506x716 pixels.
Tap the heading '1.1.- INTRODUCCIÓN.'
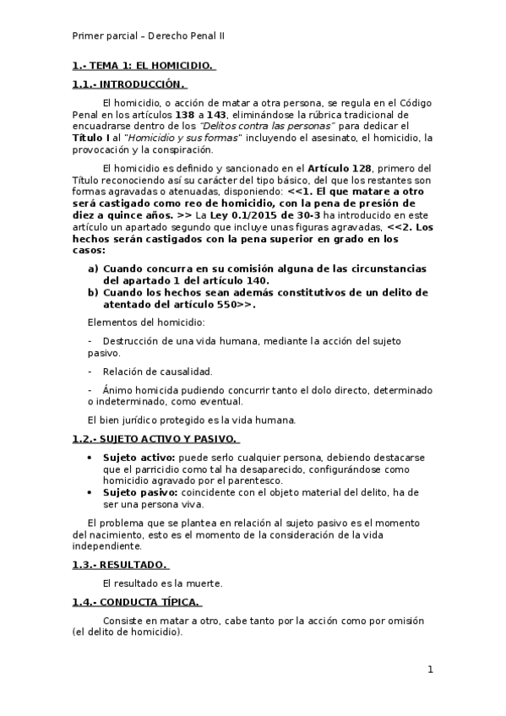coord(128,84)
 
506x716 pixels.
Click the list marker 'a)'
coord(93,269)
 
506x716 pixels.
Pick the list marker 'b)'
coord(93,292)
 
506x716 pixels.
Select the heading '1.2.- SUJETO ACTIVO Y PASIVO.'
coord(155,439)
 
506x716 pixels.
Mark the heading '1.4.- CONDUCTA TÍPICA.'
coord(136,601)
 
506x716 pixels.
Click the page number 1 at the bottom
coord(430,670)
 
